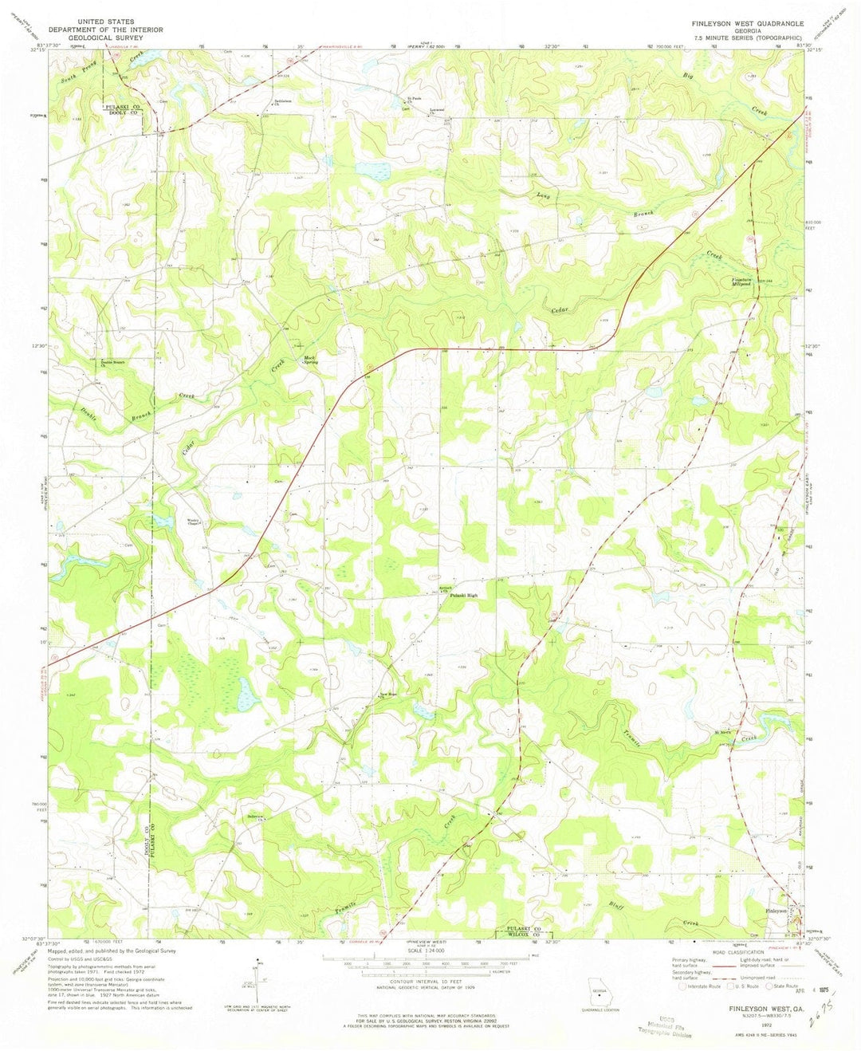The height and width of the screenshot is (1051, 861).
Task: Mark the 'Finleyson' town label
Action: (776, 910)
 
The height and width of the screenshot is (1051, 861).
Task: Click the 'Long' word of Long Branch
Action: (543, 194)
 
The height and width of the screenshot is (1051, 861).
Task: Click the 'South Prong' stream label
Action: (78, 75)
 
